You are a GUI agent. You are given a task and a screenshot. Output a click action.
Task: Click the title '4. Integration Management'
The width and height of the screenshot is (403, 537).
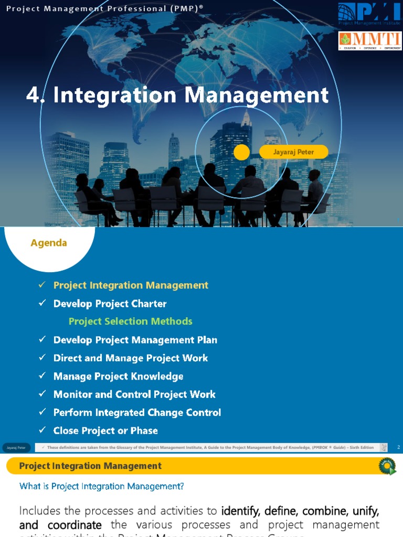pyautogui.click(x=177, y=95)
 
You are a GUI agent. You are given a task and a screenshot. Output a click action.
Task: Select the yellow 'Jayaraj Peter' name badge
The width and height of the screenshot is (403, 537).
pyautogui.click(x=293, y=152)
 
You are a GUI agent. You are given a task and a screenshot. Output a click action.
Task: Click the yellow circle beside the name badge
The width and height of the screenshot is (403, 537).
pyautogui.click(x=241, y=153)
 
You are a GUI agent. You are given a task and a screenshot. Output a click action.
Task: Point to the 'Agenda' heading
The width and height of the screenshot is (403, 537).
pyautogui.click(x=49, y=243)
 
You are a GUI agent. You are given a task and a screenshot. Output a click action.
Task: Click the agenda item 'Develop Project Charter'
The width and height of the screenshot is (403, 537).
pyautogui.click(x=110, y=304)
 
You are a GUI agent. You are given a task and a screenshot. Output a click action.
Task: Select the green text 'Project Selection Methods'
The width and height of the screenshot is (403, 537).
pyautogui.click(x=131, y=321)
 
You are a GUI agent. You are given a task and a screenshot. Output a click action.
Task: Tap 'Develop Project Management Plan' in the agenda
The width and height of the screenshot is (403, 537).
pyautogui.click(x=135, y=340)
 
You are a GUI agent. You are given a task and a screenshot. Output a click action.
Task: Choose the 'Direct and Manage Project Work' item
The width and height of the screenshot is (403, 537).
pyautogui.click(x=131, y=358)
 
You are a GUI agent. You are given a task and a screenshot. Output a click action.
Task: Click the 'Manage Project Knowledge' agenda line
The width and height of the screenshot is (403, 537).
pyautogui.click(x=118, y=377)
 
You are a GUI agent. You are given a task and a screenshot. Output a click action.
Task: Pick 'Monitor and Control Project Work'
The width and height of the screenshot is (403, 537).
pyautogui.click(x=134, y=394)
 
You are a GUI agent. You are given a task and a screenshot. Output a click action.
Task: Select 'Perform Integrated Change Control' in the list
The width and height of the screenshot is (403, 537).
pyautogui.click(x=137, y=413)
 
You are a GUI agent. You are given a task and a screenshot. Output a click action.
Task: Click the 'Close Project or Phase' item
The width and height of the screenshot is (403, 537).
pyautogui.click(x=105, y=431)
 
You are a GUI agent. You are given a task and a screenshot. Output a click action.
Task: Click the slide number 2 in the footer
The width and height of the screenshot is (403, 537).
pyautogui.click(x=398, y=447)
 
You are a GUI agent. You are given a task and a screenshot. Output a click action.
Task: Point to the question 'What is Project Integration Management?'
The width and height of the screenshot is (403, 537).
pyautogui.click(x=102, y=486)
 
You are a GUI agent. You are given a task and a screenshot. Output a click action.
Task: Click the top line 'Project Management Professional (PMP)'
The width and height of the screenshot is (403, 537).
pyautogui.click(x=105, y=8)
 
